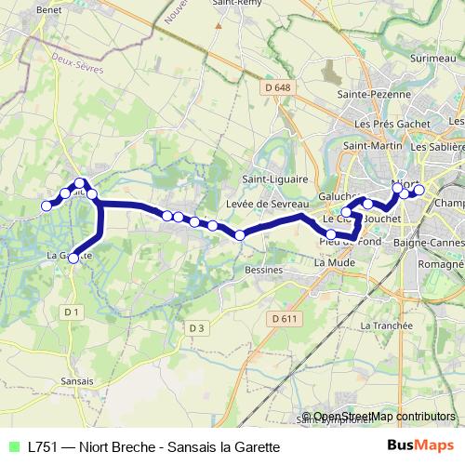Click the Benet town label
pos(48,9)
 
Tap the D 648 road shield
pos(271,86)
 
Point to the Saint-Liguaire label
pos(271,179)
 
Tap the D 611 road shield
pos(286,318)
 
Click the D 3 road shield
pos(195,327)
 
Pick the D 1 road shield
pos(73,312)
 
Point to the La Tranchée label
pos(385,325)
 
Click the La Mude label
pos(332,263)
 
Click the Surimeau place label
pos(432,58)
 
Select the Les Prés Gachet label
pos(392,123)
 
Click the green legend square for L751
pos(13,446)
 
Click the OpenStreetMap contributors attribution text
pos(384,417)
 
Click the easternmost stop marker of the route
pos(418,190)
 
